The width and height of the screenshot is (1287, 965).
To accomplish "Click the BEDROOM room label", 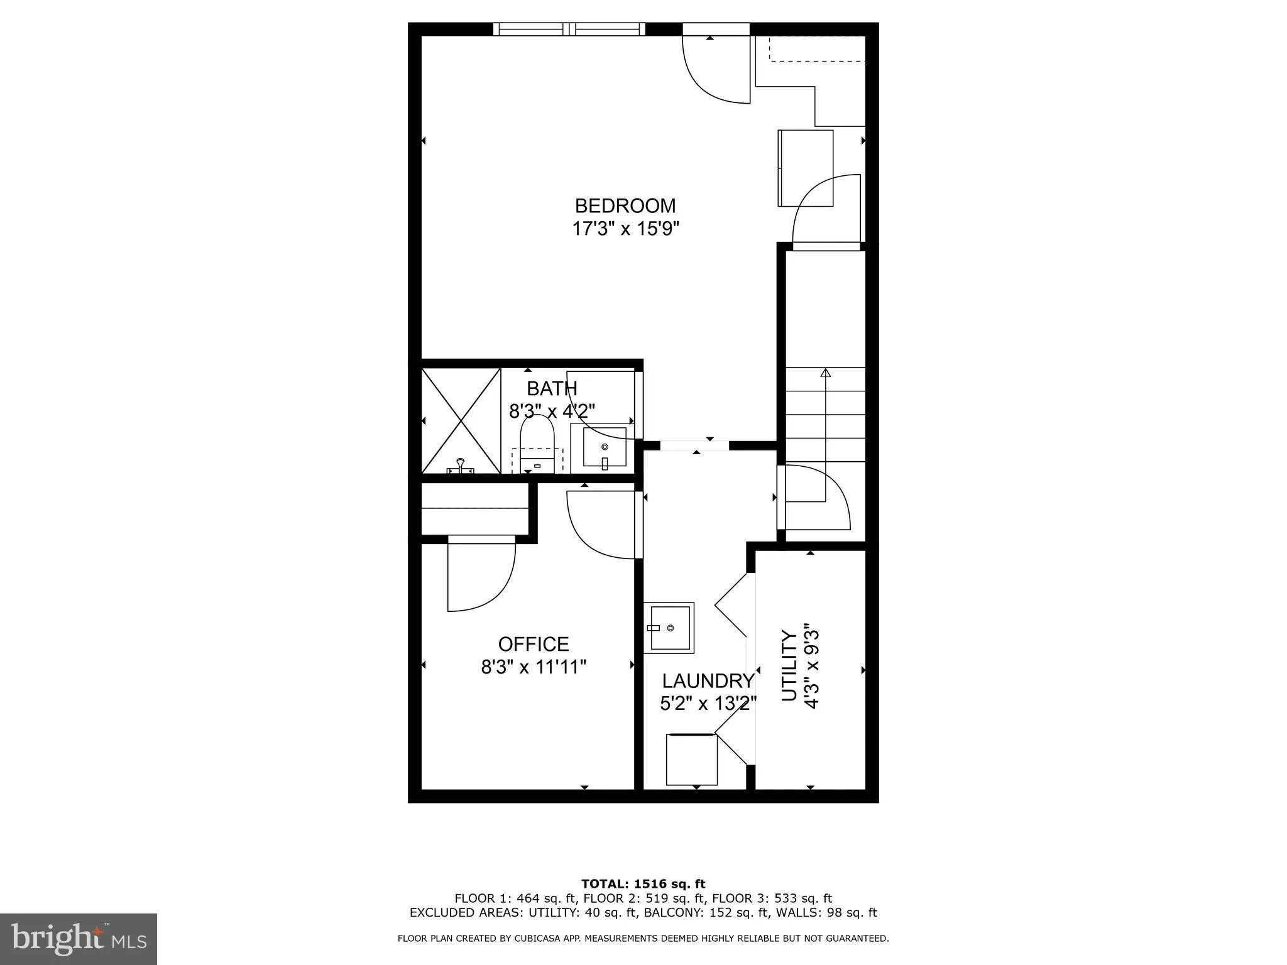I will [x=625, y=205].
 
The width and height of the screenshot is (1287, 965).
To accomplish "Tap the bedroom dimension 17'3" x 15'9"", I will [x=625, y=228].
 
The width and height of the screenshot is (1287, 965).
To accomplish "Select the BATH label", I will [x=552, y=389].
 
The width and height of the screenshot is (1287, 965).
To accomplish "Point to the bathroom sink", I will [x=605, y=447].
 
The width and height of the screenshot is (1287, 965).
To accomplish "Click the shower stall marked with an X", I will [x=461, y=420].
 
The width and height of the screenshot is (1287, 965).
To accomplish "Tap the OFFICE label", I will [x=534, y=644].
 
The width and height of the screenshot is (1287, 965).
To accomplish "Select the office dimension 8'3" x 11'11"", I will [x=534, y=667].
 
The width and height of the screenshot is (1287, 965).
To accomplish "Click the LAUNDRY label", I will [x=708, y=681].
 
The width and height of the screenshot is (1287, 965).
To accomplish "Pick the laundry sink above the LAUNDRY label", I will [x=669, y=628].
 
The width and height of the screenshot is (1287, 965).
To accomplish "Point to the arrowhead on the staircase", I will [x=825, y=373].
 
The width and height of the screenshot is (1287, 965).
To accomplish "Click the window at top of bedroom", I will [x=569, y=29].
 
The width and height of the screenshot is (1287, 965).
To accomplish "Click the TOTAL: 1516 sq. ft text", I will [x=643, y=884].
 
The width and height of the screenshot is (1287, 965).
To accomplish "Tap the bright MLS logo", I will [x=79, y=939].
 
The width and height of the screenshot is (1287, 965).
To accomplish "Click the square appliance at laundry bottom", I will [x=691, y=760].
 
